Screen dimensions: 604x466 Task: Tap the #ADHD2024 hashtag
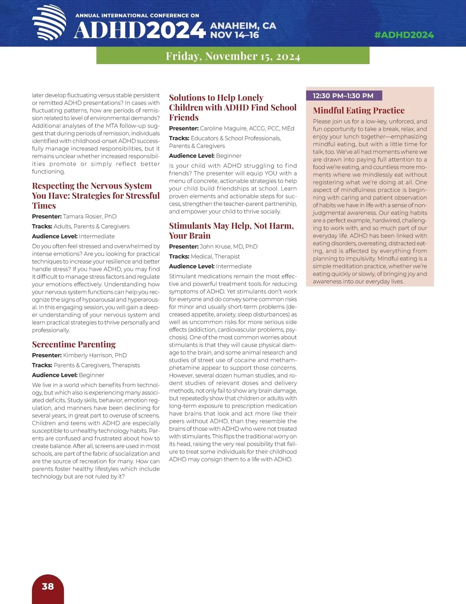[x=404, y=35]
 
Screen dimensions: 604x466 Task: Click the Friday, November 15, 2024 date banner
[x=233, y=56]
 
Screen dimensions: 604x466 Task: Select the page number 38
[x=48, y=586]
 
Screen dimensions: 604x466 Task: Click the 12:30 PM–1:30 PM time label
[x=343, y=96]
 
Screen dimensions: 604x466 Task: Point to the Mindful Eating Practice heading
[x=358, y=110]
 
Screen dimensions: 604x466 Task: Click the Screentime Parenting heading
[x=74, y=345]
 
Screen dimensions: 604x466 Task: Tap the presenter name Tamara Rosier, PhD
[x=90, y=217]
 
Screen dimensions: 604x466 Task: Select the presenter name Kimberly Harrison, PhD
[x=95, y=355]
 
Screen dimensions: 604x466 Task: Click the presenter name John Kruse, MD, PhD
[x=229, y=247]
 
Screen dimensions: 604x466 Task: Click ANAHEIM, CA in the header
[x=243, y=26]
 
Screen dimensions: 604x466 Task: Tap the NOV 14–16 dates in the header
[x=235, y=35]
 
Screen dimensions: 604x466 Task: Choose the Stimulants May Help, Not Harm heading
[x=231, y=231]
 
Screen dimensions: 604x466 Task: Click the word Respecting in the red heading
[x=53, y=186]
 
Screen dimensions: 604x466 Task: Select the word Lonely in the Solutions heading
[x=250, y=98]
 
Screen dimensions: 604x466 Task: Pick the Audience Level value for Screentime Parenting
[x=91, y=375]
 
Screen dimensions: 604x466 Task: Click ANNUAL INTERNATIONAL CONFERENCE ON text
[x=137, y=16]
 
